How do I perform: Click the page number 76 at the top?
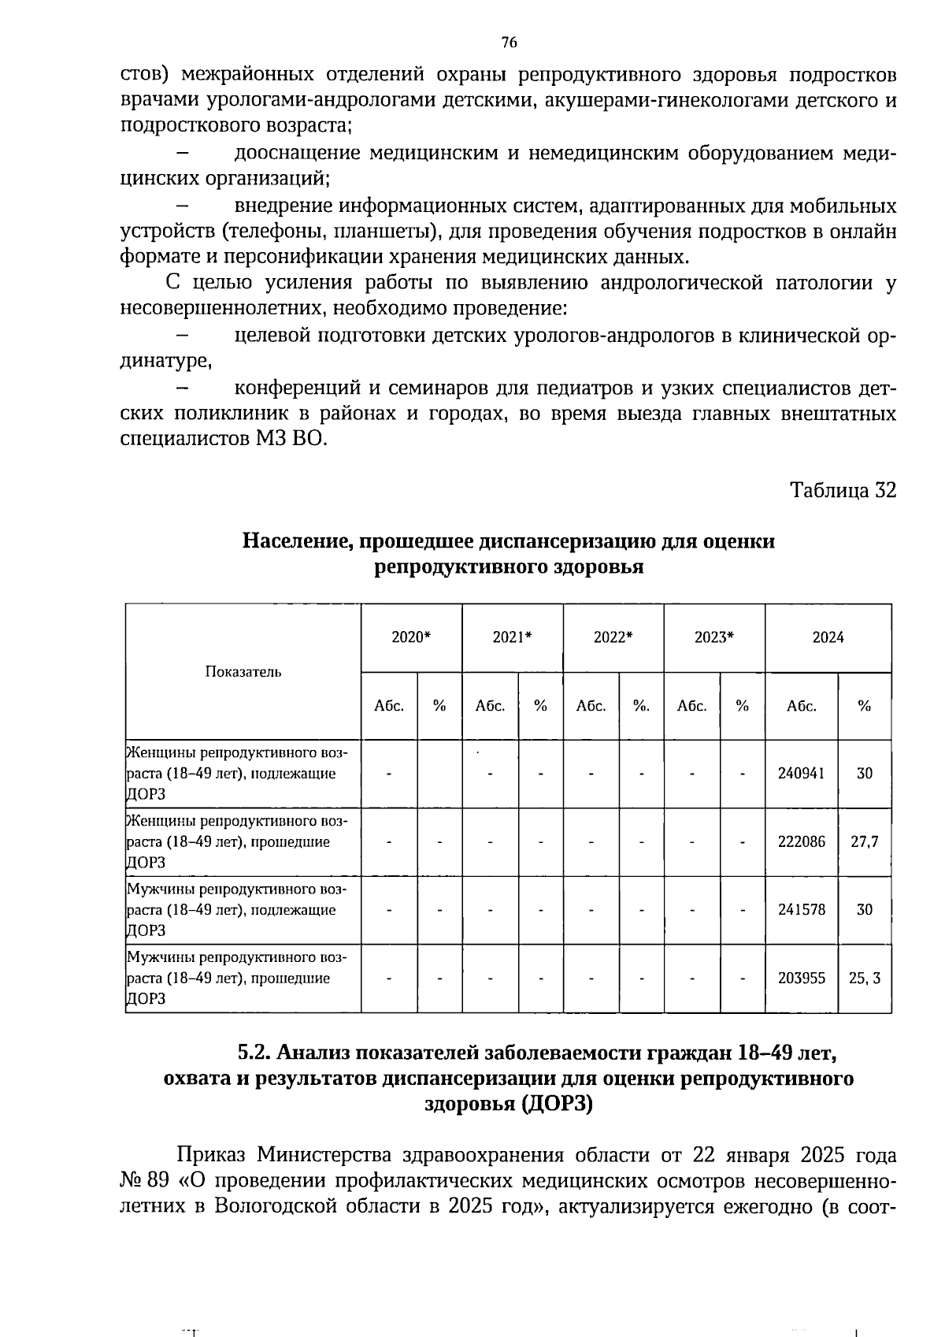pyautogui.click(x=509, y=43)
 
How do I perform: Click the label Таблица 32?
pyautogui.click(x=843, y=490)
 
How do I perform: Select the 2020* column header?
pyautogui.click(x=411, y=637)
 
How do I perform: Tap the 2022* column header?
pyautogui.click(x=613, y=637)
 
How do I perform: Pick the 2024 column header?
pyautogui.click(x=828, y=637)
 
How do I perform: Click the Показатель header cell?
pyautogui.click(x=243, y=671)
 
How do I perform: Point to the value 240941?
pyautogui.click(x=801, y=773)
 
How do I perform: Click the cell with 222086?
pyautogui.click(x=801, y=841)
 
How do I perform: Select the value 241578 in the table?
pyautogui.click(x=801, y=909)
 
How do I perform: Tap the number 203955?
pyautogui.click(x=801, y=978)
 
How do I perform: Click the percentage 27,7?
pyautogui.click(x=864, y=841)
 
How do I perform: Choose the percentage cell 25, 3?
pyautogui.click(x=864, y=978)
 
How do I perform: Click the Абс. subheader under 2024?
pyautogui.click(x=801, y=706)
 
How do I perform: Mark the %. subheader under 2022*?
pyautogui.click(x=641, y=706)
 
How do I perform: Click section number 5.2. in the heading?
pyautogui.click(x=255, y=1053)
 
